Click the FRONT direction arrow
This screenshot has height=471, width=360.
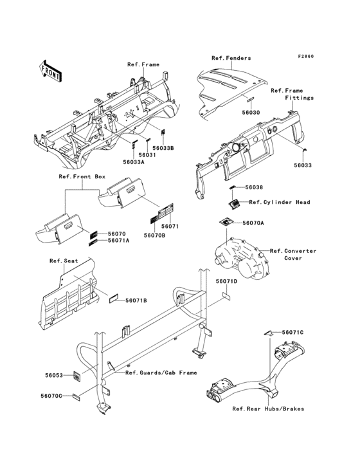coord(50,71)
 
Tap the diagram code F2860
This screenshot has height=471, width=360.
coord(306,56)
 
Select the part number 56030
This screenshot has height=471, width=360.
coord(251,113)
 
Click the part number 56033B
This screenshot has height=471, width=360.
coord(163,148)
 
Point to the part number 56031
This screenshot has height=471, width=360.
coord(147,155)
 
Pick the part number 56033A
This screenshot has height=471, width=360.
coord(134,162)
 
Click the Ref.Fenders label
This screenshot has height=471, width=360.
coord(231,58)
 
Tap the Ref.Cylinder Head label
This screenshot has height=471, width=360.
coord(280,202)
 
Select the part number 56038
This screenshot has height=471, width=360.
coord(254,187)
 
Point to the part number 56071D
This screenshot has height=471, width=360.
coord(226,281)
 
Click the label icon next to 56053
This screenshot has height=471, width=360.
coord(77,376)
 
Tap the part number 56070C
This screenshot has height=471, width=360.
coord(51,396)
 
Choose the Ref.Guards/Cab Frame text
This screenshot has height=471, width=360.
coord(161,373)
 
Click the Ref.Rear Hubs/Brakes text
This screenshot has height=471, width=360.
coord(268,409)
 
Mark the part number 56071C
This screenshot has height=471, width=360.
coord(292,333)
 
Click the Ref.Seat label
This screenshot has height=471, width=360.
coord(64,261)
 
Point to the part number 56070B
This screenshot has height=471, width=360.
coord(154,235)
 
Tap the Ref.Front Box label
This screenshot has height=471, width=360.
coord(82,176)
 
